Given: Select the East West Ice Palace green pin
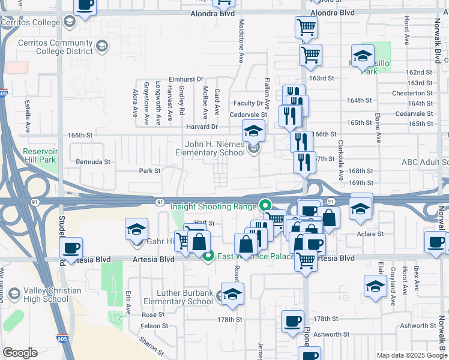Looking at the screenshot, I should (208, 257).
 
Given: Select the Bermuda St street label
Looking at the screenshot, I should (93, 161).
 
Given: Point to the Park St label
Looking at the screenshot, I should (149, 171).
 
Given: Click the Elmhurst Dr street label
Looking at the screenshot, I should (186, 79).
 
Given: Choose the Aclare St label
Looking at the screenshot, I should (370, 233).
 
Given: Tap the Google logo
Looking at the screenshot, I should (20, 353).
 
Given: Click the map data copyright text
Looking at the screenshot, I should (412, 355).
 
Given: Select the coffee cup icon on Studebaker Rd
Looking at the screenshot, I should (71, 248).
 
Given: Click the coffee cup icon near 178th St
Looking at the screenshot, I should (292, 321).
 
